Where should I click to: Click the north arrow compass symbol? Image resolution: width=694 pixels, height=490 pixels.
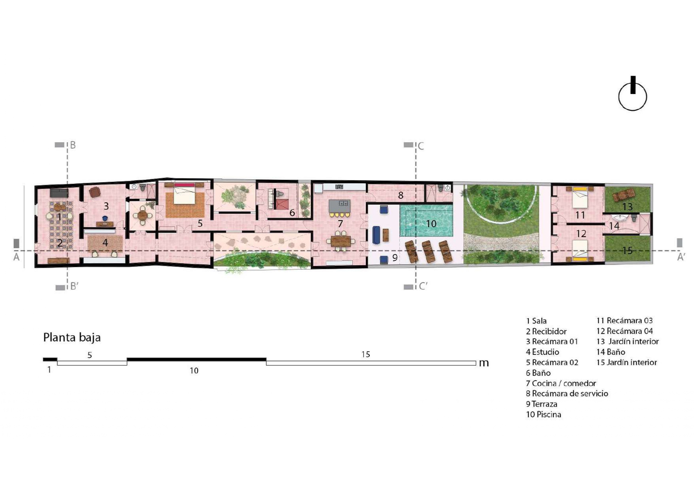tap(632, 95)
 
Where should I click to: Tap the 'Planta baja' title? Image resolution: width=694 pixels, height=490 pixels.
tap(72, 338)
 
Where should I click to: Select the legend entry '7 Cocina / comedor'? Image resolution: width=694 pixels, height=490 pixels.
tap(561, 383)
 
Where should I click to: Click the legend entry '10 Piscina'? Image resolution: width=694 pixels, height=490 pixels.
tap(543, 415)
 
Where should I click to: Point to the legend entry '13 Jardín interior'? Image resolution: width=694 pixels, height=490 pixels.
tap(627, 342)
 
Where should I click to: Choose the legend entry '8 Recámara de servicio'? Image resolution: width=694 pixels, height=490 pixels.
tap(567, 393)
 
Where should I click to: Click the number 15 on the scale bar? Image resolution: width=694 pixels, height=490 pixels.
tap(365, 354)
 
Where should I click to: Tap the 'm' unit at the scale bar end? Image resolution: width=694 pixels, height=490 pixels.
tap(484, 363)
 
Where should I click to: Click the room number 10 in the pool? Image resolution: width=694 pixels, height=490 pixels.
tap(431, 224)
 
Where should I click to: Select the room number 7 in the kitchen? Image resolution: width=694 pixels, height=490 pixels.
tap(340, 224)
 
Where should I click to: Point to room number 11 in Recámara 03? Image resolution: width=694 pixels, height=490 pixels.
tap(580, 215)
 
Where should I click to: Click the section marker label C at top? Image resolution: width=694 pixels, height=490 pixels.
tap(421, 146)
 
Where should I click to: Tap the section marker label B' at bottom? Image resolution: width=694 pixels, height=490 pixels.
tap(74, 287)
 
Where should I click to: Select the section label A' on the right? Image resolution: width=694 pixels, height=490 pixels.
tap(681, 257)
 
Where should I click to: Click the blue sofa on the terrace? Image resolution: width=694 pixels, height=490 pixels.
tap(377, 235)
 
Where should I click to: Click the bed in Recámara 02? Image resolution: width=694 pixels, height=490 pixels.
tap(184, 195)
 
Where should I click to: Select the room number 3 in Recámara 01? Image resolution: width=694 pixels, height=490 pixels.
tap(105, 206)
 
